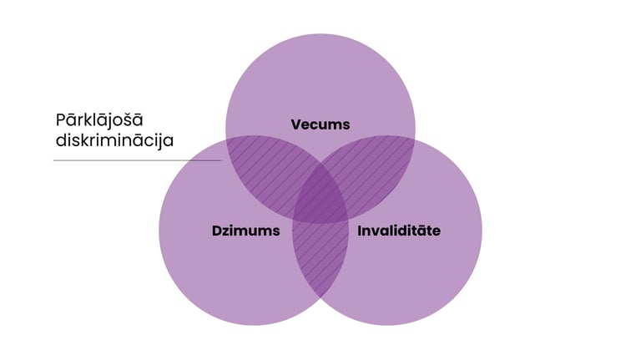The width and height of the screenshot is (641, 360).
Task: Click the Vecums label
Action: pos(320,124)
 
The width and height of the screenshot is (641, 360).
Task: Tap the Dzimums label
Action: pos(245,230)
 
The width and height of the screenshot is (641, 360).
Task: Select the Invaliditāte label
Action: pos(398,230)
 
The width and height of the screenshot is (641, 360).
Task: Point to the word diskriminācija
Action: pos(114,140)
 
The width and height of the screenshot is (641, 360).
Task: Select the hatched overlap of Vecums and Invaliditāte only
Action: pos(381,163)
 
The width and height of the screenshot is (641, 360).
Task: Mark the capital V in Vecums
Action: pos(296,124)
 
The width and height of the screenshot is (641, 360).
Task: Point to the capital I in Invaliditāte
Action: pos(360,230)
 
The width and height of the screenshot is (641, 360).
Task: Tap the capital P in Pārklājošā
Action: pos(60,119)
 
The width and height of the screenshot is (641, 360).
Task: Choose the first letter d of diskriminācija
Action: pos(60,140)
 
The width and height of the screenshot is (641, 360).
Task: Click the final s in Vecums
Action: pos(346,125)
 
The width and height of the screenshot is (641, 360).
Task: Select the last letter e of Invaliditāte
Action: pos(436,231)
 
